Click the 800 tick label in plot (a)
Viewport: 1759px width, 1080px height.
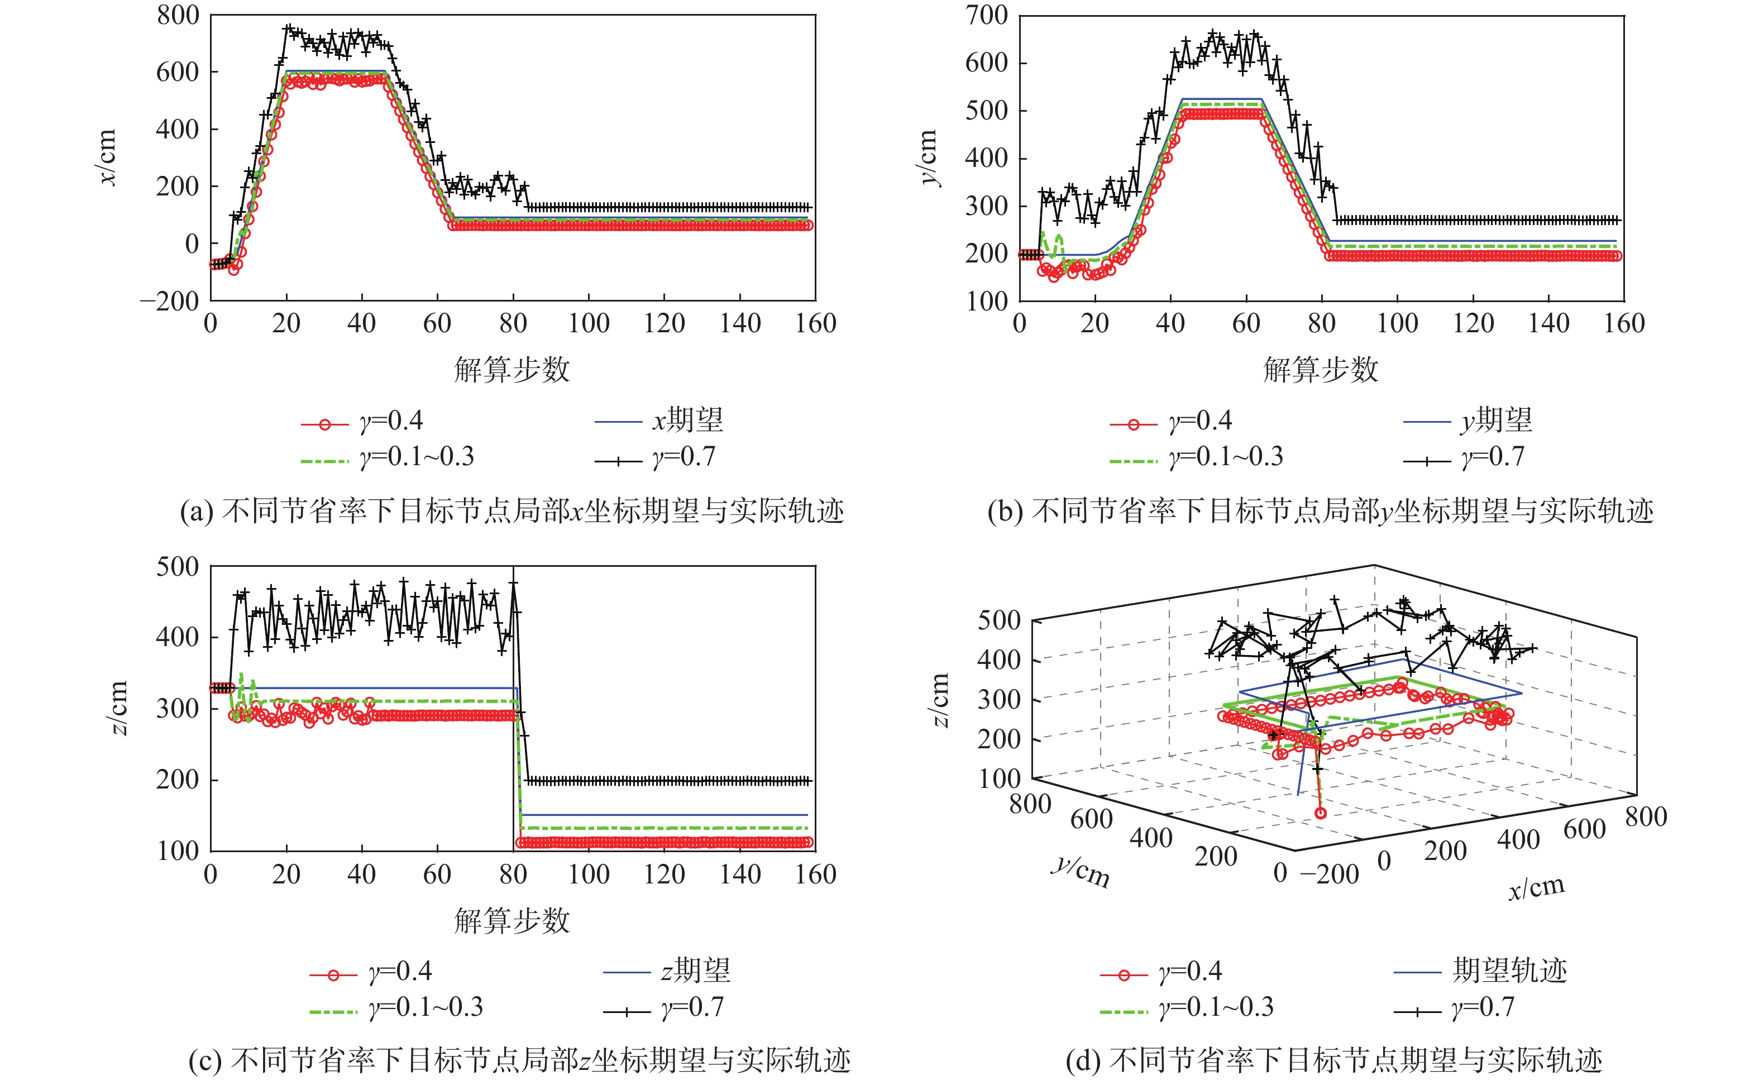pos(178,15)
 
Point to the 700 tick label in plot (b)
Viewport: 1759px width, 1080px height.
pos(986,15)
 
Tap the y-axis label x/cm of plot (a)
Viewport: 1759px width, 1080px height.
pos(107,157)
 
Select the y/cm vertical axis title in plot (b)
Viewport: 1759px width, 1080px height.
pos(927,157)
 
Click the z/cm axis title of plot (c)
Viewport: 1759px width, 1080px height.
pos(118,707)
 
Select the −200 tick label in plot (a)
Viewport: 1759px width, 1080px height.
pos(169,302)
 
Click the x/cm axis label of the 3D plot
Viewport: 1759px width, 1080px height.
pos(1536,888)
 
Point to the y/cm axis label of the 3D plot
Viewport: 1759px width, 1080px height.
pos(1080,872)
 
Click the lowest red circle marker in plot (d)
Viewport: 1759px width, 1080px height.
pos(1321,813)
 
